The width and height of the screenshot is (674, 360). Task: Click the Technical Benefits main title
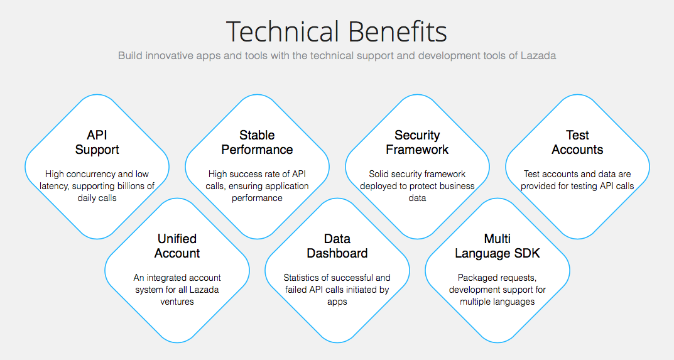click(337, 31)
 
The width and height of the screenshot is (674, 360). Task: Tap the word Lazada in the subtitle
click(538, 55)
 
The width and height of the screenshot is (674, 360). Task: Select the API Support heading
click(97, 143)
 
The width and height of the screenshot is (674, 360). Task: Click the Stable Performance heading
click(257, 143)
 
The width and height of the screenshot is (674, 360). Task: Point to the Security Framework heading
click(417, 143)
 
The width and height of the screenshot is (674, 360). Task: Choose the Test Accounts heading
click(577, 143)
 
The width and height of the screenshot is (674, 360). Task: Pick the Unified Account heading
click(177, 246)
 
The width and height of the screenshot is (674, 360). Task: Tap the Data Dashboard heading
click(337, 246)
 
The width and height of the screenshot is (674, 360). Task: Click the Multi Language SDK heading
click(497, 246)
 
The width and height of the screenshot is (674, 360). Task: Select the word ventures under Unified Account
click(177, 302)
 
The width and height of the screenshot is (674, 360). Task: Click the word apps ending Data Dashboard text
click(337, 302)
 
